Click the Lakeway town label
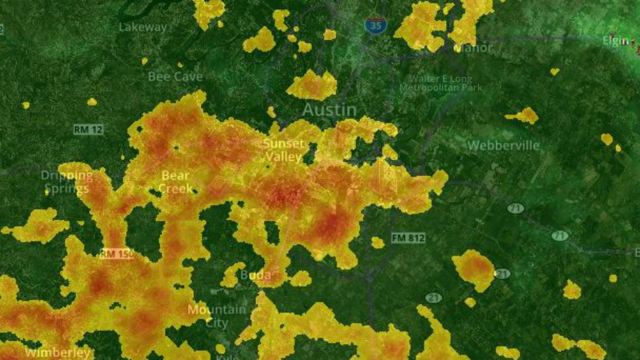click(x=143, y=27)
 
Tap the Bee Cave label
click(x=175, y=76)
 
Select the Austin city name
click(x=329, y=110)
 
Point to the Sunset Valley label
click(x=284, y=150)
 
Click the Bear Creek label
click(x=176, y=182)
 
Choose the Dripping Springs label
click(x=65, y=182)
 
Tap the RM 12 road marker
click(x=88, y=130)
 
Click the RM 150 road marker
click(x=115, y=254)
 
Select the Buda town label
click(x=255, y=274)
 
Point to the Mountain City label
click(x=217, y=316)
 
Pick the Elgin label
click(x=616, y=41)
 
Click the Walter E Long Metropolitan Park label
click(x=440, y=83)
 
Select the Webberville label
click(x=503, y=145)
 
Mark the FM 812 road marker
click(x=408, y=238)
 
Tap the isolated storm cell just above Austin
click(x=312, y=85)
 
